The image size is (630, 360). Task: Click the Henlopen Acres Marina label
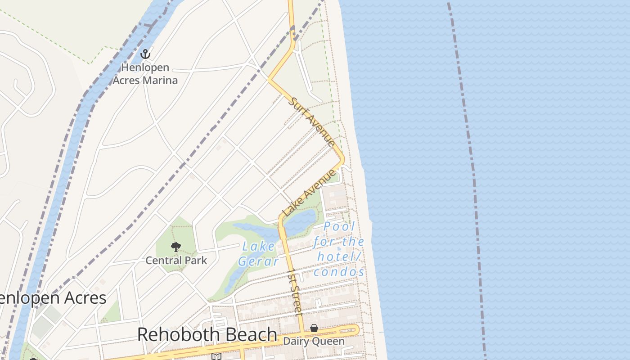pos(145,74)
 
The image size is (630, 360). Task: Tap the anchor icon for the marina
pos(145,54)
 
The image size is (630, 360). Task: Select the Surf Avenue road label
pos(312,121)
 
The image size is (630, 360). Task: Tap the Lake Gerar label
pos(258,253)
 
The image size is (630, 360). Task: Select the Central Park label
pos(176,260)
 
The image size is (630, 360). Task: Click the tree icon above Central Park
pos(176,247)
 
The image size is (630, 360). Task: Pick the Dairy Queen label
pos(314,341)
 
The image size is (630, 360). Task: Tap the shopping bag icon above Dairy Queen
pos(314,329)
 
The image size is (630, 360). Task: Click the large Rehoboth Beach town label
pos(207,334)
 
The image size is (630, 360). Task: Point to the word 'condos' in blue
pos(339,272)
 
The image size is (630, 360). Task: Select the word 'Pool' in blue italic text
pos(339,226)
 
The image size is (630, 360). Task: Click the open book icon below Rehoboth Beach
pos(216,356)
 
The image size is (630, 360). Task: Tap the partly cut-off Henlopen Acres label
pos(53,298)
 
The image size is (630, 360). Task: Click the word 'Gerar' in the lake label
pos(258,261)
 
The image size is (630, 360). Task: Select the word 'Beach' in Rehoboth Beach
pos(248,334)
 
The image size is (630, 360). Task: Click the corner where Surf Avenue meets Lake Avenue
pos(343,160)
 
